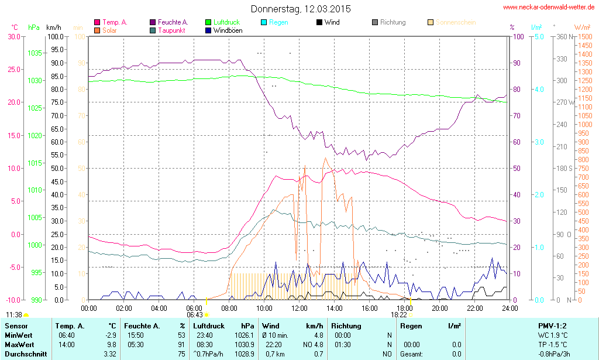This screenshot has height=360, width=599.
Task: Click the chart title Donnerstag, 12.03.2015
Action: pyautogui.click(x=301, y=9)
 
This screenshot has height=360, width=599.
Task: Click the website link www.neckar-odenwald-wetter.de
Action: pyautogui.click(x=549, y=8)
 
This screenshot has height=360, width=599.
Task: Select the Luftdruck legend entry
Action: pyautogui.click(x=226, y=22)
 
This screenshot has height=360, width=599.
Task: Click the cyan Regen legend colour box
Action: pyautogui.click(x=263, y=23)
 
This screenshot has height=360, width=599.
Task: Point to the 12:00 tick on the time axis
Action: pyautogui.click(x=299, y=308)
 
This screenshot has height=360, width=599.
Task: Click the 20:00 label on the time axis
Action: pyautogui.click(x=440, y=308)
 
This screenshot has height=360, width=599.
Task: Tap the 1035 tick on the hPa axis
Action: pyautogui.click(x=35, y=53)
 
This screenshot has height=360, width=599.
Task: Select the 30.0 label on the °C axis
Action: pyautogui.click(x=13, y=36)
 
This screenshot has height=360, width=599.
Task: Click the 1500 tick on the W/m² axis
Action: pyautogui.click(x=584, y=36)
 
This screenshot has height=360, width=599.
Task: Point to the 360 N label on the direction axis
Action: pyautogui.click(x=564, y=36)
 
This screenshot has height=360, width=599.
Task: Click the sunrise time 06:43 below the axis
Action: pyautogui.click(x=194, y=315)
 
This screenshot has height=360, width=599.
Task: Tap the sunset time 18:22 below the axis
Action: pyautogui.click(x=398, y=314)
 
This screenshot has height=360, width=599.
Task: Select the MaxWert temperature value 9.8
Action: pyautogui.click(x=111, y=345)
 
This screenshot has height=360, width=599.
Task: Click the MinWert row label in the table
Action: pyautogui.click(x=18, y=335)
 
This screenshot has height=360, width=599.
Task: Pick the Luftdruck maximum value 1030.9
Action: pyautogui.click(x=245, y=345)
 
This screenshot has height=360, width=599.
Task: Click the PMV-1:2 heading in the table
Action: pyautogui.click(x=552, y=325)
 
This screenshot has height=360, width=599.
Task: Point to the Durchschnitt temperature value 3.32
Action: pyautogui.click(x=109, y=354)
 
